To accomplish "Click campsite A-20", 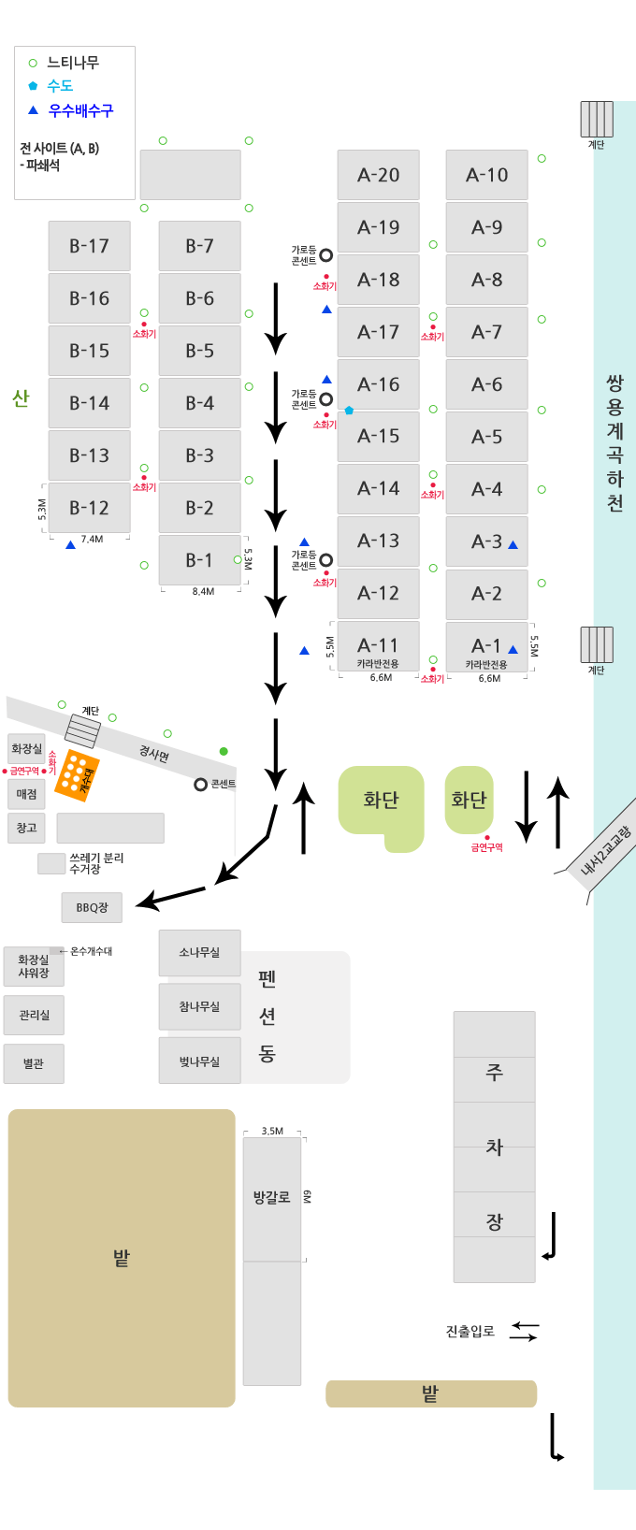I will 378,175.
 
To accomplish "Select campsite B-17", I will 89,246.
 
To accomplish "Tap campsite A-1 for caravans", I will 486,647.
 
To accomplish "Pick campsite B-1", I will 199,560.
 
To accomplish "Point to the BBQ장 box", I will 92,907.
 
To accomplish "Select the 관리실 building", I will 34,1015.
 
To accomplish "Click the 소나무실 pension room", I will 199,952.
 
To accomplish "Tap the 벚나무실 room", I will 199,1061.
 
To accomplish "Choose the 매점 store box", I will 26,794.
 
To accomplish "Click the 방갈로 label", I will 271,1197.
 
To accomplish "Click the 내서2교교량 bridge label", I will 606,851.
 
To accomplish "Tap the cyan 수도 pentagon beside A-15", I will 349,410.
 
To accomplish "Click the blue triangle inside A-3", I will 513,544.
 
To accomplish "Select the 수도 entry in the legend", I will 60,86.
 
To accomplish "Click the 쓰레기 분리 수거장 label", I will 96,863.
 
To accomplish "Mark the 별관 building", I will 34,1063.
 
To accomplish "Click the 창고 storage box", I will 26,828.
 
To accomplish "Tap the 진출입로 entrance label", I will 470,1331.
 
